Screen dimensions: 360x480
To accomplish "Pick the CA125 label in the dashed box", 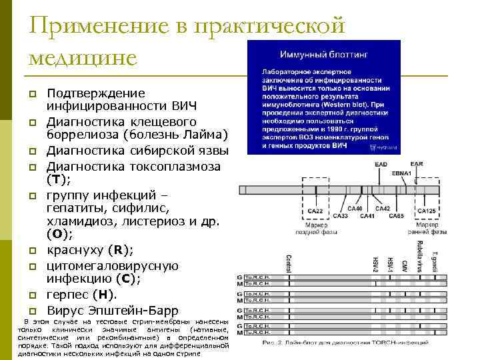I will coord(426,211).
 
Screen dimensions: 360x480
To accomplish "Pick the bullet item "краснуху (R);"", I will coord(90,250).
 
